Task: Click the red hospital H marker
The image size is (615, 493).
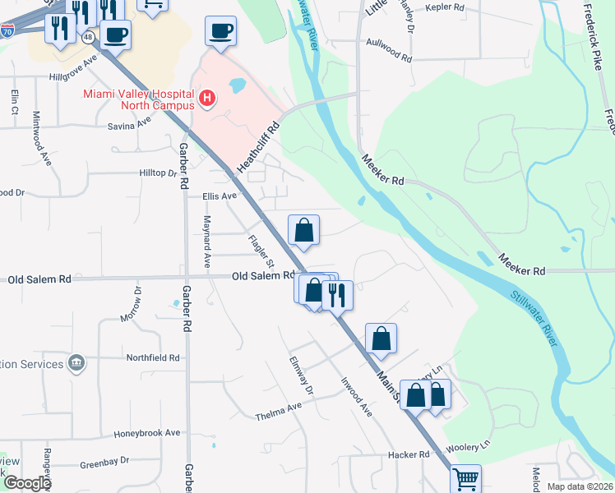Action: tap(207, 100)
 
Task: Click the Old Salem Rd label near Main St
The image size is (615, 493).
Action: tap(263, 276)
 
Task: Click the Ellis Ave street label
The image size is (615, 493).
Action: tap(220, 196)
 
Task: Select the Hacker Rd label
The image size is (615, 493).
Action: tap(411, 454)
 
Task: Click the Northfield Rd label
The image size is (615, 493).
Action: tap(153, 357)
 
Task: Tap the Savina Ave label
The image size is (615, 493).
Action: tap(130, 126)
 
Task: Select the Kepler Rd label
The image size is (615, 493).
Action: tap(445, 8)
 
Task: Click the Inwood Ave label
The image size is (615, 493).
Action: tap(357, 397)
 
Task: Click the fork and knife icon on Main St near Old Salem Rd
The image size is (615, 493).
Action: tap(337, 293)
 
